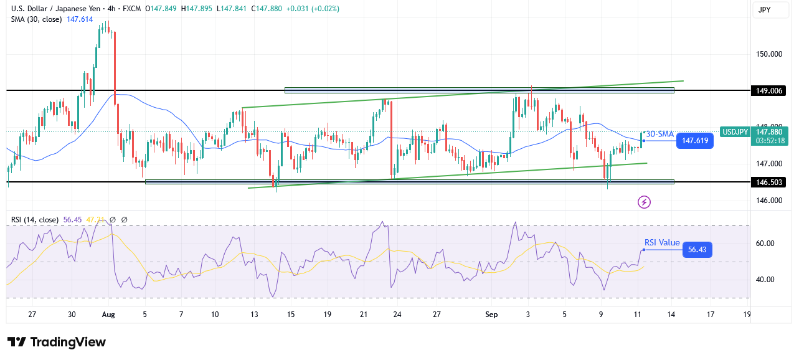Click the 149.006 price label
click(x=769, y=90)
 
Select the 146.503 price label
click(x=769, y=182)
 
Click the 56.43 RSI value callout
click(x=697, y=250)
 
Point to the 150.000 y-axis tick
click(x=768, y=54)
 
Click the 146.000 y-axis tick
click(x=768, y=201)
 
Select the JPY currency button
click(x=763, y=10)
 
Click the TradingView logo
click(x=57, y=342)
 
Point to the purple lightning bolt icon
click(x=645, y=202)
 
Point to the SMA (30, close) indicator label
click(x=35, y=19)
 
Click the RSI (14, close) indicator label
click(x=35, y=220)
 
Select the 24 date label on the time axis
click(x=397, y=315)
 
